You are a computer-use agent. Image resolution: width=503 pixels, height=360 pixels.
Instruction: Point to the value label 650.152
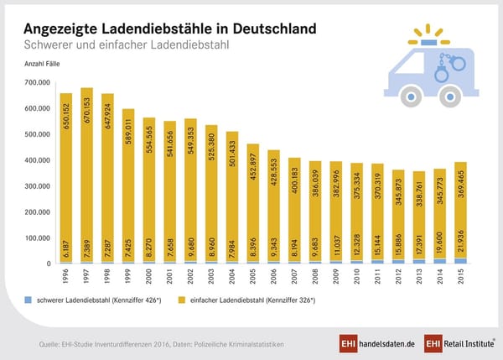(66, 121)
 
